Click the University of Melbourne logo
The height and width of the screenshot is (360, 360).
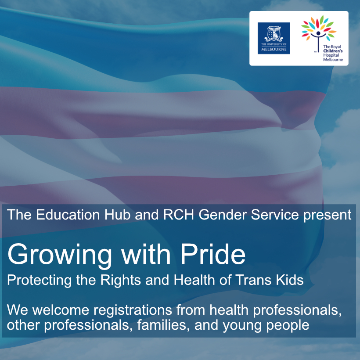274,38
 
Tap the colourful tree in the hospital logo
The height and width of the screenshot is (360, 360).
319,33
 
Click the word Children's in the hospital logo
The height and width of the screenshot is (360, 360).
333,51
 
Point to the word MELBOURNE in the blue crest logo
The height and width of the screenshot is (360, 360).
274,49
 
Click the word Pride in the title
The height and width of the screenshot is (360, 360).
213,254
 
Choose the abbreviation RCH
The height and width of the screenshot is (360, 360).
179,215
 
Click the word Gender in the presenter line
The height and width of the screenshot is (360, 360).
223,215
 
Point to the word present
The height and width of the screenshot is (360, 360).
327,216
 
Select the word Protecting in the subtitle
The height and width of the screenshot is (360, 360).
39,281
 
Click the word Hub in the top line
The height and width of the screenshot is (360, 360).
117,215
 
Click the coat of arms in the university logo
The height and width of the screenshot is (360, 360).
274,33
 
